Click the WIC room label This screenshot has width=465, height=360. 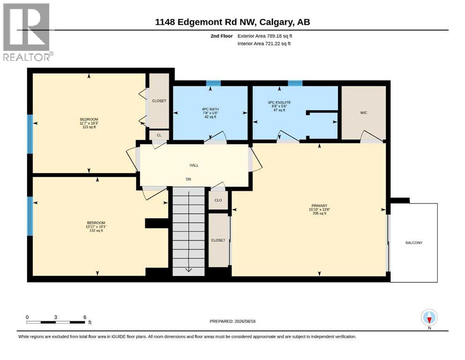point(363,113)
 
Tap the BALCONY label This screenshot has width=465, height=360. point(413,243)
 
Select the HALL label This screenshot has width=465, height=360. point(194,165)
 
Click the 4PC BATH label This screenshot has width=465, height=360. point(210,109)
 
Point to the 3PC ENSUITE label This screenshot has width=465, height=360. point(279,103)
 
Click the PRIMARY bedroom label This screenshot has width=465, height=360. point(319,206)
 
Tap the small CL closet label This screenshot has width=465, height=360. point(159,135)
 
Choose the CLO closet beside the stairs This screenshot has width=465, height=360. point(218,200)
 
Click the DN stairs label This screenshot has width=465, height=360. point(189,179)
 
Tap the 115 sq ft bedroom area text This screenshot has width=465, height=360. point(89,127)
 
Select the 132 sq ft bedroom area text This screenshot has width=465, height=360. point(96,231)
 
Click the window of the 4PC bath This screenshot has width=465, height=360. point(214,83)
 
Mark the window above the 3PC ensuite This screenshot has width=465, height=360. point(295,83)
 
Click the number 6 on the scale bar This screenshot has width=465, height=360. point(85,317)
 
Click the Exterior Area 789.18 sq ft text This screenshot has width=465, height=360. point(265,36)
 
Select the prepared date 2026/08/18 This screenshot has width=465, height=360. point(245,321)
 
